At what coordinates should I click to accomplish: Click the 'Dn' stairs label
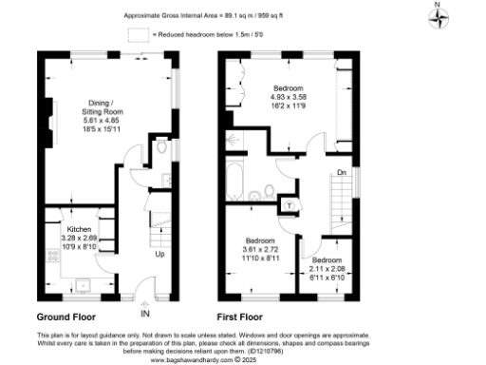tap(341, 173)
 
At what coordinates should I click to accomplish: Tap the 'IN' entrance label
tap(144, 313)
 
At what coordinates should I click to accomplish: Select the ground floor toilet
tap(160, 148)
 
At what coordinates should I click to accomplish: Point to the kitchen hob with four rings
tap(50, 257)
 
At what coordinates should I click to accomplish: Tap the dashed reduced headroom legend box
tap(139, 33)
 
